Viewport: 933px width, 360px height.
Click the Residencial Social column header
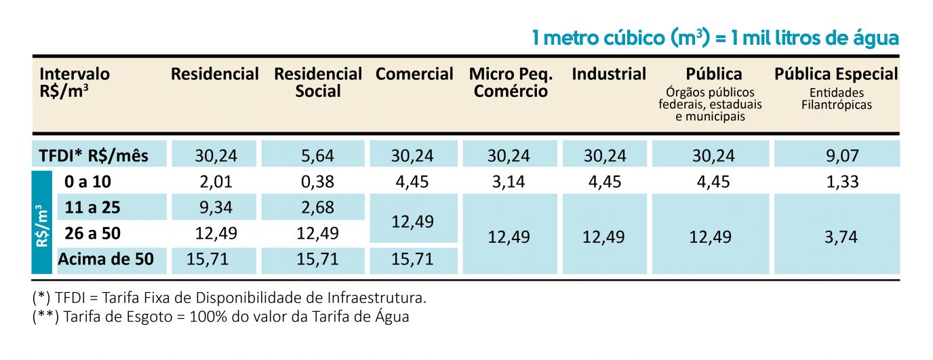click(318, 82)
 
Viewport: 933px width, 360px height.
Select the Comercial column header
click(414, 74)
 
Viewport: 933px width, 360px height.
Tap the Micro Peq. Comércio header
click(511, 82)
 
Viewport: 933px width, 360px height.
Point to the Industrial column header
click(609, 74)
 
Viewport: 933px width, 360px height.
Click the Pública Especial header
click(836, 74)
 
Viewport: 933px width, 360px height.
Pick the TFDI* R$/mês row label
click(94, 156)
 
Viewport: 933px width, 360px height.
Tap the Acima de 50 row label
click(106, 259)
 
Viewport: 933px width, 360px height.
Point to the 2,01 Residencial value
click(216, 182)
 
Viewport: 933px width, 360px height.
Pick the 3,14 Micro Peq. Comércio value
click(509, 182)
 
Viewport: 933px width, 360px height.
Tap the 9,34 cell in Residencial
click(216, 207)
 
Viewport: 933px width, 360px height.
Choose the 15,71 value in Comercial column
click(412, 259)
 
